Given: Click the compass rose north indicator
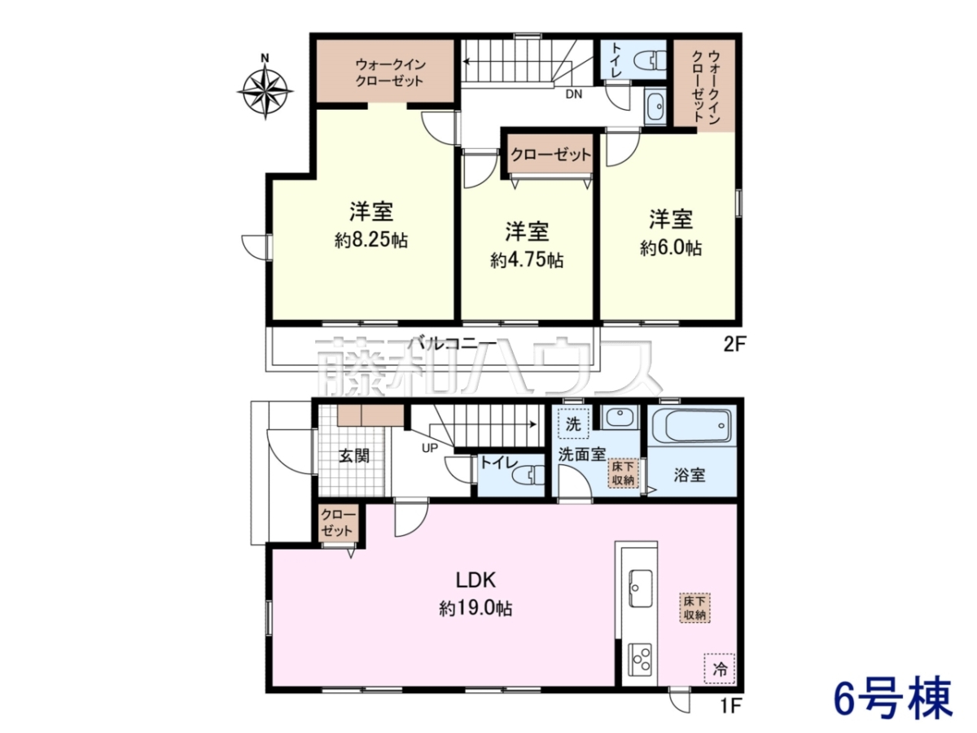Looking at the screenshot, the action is tap(265, 90).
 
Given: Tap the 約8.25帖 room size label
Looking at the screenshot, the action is tap(371, 241).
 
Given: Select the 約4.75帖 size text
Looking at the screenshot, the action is tap(527, 261).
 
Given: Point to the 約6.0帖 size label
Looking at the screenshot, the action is tap(671, 248).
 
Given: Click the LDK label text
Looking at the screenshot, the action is tap(475, 581).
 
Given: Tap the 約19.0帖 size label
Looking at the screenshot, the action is tap(475, 608).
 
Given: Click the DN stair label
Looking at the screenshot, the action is tap(573, 94).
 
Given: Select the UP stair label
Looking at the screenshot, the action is tap(430, 448).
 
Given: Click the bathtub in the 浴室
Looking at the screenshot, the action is tap(691, 426).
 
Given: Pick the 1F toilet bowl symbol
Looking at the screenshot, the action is tap(528, 476).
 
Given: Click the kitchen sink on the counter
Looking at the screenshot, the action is tap(641, 588).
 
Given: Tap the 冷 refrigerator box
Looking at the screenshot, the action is tap(719, 669).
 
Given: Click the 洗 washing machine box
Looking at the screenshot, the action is tap(573, 424).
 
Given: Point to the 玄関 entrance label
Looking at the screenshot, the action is tap(354, 456).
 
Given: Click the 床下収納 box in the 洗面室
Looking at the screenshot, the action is tap(623, 473).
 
